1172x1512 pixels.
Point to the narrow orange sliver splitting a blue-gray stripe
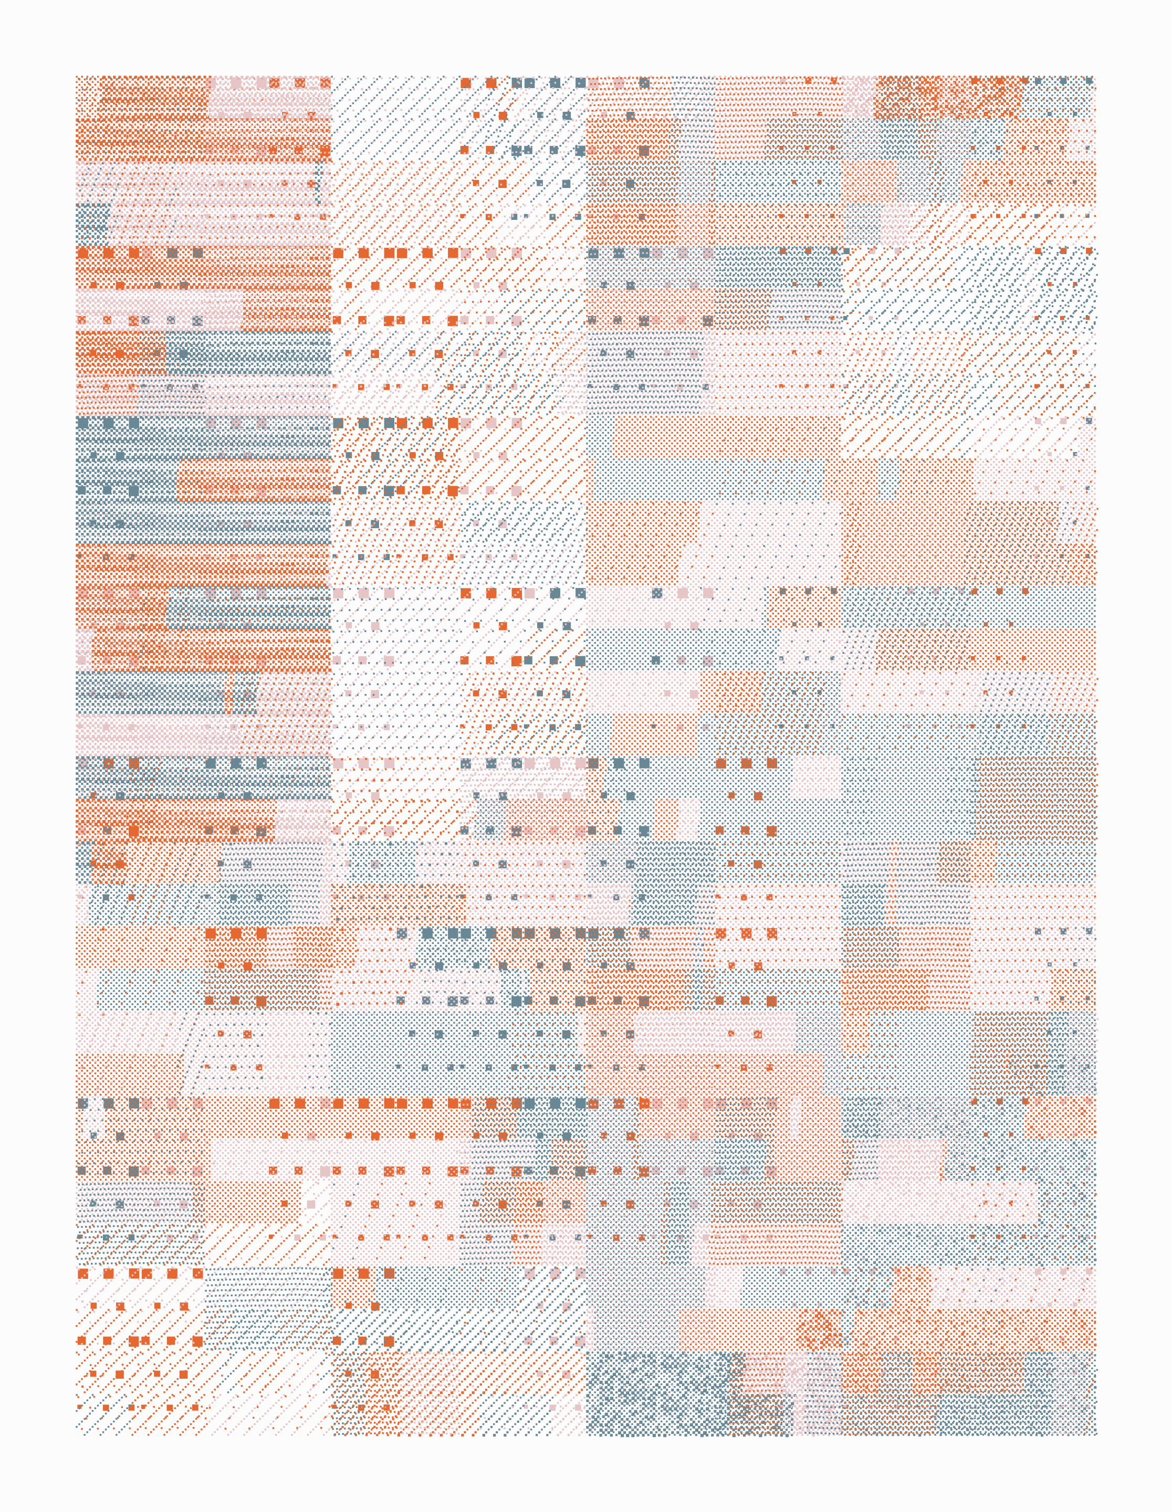(x=228, y=693)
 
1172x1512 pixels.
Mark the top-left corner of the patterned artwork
(x=76, y=76)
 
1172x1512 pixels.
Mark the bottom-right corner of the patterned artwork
(x=1096, y=1434)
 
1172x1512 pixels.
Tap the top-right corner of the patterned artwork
(x=1096, y=76)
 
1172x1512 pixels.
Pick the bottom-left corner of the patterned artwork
(x=76, y=1434)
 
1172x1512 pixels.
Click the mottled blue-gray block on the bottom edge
(x=657, y=1392)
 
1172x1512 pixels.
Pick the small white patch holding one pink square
(x=311, y=1205)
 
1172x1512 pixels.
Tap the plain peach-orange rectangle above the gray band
(x=727, y=436)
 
